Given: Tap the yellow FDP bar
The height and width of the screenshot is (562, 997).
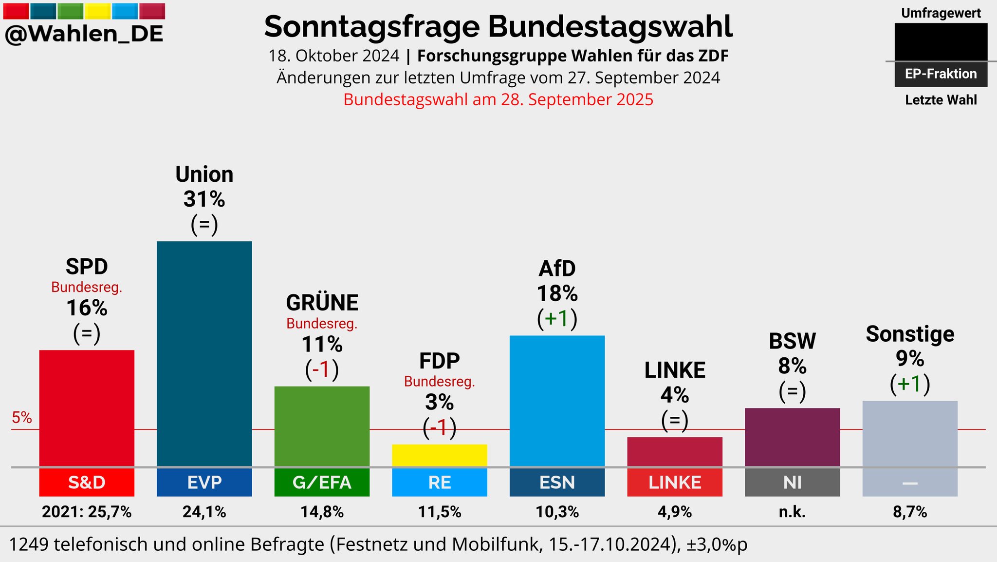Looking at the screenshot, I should pyautogui.click(x=440, y=455).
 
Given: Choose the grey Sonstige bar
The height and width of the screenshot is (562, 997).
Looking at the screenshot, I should pyautogui.click(x=910, y=433).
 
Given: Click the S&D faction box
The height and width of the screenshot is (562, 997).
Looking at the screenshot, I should pyautogui.click(x=87, y=483).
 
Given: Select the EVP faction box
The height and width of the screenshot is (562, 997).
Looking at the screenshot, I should pyautogui.click(x=204, y=483).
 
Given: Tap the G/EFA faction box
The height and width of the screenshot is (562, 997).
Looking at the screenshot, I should pyautogui.click(x=322, y=483).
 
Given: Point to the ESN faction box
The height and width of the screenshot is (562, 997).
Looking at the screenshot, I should pyautogui.click(x=557, y=483).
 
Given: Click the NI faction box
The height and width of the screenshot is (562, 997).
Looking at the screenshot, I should pyautogui.click(x=792, y=483).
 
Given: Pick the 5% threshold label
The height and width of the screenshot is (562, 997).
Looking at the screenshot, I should pyautogui.click(x=22, y=418).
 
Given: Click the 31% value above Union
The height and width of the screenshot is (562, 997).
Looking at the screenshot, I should pyautogui.click(x=204, y=199).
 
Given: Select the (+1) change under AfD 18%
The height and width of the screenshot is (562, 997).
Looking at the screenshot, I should pyautogui.click(x=557, y=319).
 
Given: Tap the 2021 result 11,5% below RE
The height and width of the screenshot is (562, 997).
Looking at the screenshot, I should pyautogui.click(x=440, y=512).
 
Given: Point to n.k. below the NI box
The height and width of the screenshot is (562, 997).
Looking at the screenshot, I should pyautogui.click(x=792, y=512).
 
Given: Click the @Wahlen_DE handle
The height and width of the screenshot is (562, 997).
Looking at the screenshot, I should pyautogui.click(x=84, y=34).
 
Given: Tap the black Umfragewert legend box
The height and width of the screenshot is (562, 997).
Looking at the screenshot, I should pyautogui.click(x=941, y=42).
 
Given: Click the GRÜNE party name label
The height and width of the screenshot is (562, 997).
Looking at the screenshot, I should pyautogui.click(x=322, y=303).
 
